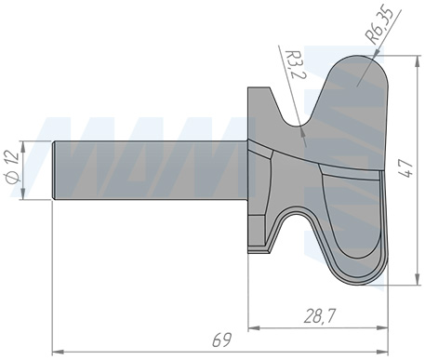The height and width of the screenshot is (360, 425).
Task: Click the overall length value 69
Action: coord(221,341)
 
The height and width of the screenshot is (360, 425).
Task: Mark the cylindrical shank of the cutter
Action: coord(149,171)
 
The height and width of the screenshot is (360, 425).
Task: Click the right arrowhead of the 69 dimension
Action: coord(381,352)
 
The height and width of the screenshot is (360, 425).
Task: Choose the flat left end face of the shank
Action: coord(53,171)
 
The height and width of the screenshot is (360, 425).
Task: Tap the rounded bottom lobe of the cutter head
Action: coord(358,265)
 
